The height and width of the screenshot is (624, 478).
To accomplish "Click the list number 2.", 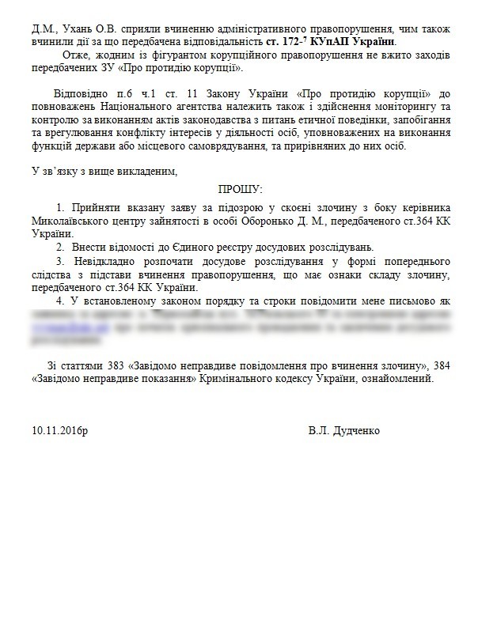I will click(59, 248).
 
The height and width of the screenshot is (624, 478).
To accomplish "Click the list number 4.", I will click(59, 301).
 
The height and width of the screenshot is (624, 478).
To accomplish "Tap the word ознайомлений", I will click(396, 379).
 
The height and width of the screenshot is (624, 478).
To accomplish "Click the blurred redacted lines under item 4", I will click(237, 328).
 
